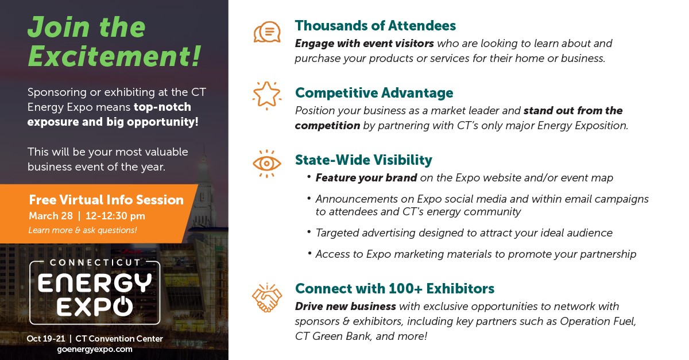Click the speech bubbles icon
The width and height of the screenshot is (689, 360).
[x=267, y=32]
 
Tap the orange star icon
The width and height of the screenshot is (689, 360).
[x=266, y=95]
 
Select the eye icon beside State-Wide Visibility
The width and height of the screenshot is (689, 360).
[x=266, y=164]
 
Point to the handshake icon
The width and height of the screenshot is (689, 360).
[x=266, y=297]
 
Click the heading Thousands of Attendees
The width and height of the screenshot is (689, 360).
[x=376, y=25]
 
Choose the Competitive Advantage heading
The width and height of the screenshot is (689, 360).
[x=374, y=93]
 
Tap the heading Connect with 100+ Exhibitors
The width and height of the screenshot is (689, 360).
[x=394, y=289]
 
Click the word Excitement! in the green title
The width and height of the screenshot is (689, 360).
[x=114, y=56]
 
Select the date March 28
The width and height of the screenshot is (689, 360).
[x=51, y=216]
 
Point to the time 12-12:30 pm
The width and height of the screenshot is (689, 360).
[x=115, y=216]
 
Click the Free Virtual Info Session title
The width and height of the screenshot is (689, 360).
[x=106, y=200]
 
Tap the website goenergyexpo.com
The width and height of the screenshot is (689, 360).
[x=95, y=350]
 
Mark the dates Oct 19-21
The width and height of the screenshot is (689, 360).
[x=46, y=339]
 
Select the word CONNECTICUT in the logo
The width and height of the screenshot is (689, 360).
[x=95, y=262]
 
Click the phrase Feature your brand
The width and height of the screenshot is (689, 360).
[x=366, y=178]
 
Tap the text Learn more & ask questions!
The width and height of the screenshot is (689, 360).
[x=83, y=230]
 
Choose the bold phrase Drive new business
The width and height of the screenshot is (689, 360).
[x=346, y=307]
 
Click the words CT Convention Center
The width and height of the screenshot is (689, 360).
[x=119, y=339]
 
